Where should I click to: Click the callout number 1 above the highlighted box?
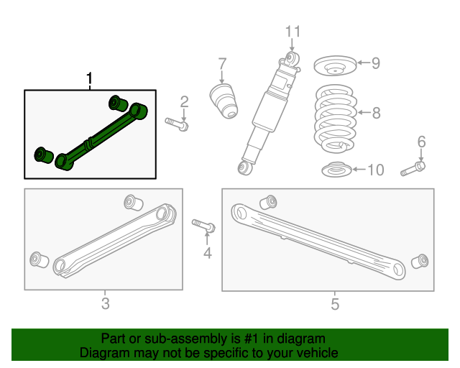coord(90,78)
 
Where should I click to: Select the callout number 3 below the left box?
coord(105,303)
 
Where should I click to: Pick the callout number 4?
coord(207,252)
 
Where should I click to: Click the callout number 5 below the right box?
coord(334,304)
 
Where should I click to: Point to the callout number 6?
coord(421,141)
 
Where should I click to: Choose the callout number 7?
coord(222,63)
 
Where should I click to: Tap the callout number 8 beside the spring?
coord(376,112)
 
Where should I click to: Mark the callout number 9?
coord(375,63)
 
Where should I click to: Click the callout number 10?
coord(375,170)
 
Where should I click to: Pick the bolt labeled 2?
coord(177,124)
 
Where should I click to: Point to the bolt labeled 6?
coord(410,170)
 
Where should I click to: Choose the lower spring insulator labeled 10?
coord(335,171)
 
